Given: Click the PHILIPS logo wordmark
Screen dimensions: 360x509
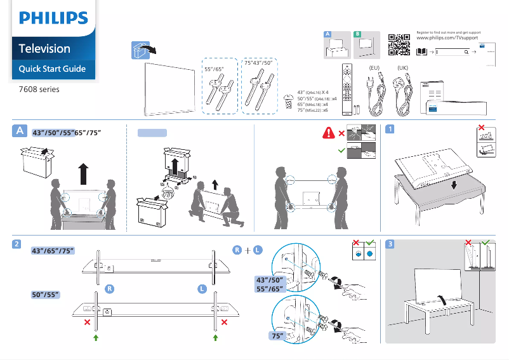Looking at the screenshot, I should pyautogui.click(x=53, y=18).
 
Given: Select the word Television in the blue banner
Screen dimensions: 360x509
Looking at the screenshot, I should pyautogui.click(x=44, y=48).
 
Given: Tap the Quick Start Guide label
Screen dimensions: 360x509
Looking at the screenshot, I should pyautogui.click(x=52, y=69).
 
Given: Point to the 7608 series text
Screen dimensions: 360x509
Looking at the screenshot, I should pyautogui.click(x=39, y=90).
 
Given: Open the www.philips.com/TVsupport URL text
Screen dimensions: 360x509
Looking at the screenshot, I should pyautogui.click(x=447, y=39).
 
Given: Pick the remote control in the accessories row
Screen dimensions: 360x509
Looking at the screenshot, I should pyautogui.click(x=346, y=89).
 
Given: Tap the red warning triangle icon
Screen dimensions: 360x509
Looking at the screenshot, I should pyautogui.click(x=329, y=133).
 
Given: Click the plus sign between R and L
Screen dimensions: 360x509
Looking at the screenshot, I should pyautogui.click(x=246, y=251).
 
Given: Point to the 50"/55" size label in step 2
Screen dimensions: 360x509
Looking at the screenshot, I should pyautogui.click(x=45, y=295).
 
